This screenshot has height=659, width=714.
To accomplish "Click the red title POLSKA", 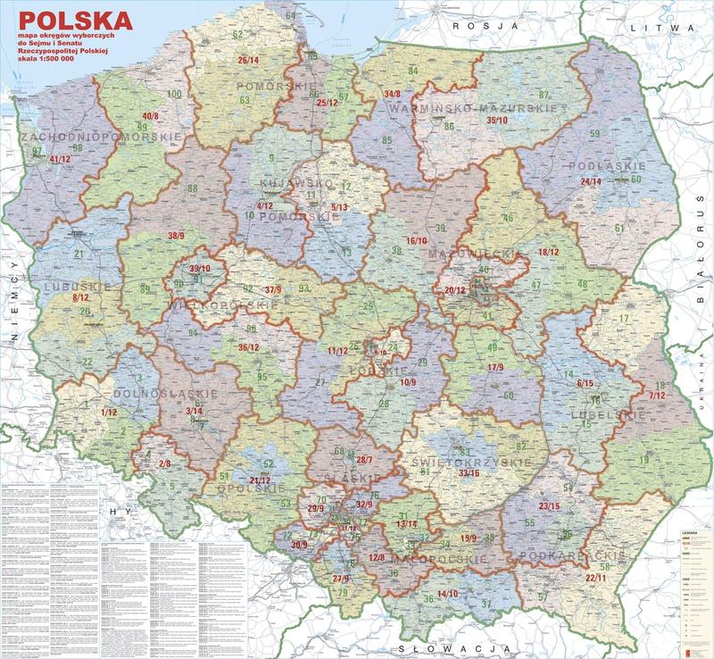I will [76, 19].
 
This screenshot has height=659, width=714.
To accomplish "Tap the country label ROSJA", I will [486, 27].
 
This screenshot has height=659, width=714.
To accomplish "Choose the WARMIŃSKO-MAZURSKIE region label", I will [473, 108].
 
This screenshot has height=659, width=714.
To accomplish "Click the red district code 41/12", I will [60, 159].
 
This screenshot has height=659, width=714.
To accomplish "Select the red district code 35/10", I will [497, 120].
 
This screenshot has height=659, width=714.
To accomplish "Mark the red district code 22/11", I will [596, 578].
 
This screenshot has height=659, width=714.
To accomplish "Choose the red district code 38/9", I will [176, 236].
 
